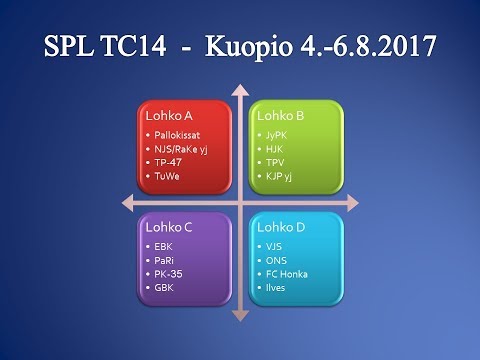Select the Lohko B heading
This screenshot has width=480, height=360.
[x=276, y=116]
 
